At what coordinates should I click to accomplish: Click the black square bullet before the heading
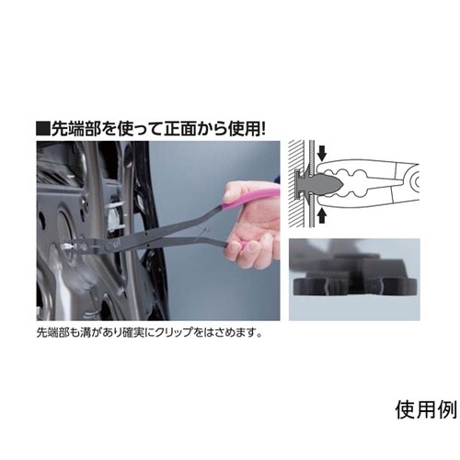[x=42, y=129]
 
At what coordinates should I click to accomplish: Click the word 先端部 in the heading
[x=75, y=129]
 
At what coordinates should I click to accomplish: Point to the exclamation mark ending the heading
[x=263, y=129]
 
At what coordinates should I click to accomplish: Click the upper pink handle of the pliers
[x=251, y=199]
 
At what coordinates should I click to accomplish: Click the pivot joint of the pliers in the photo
[x=109, y=246]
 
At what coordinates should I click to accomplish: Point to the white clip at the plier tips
[x=65, y=247]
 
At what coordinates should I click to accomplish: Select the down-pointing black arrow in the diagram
[x=321, y=154]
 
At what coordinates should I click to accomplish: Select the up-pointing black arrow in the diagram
[x=321, y=215]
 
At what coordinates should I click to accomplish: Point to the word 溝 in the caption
[x=84, y=333]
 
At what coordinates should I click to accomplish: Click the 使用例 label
[x=426, y=410]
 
